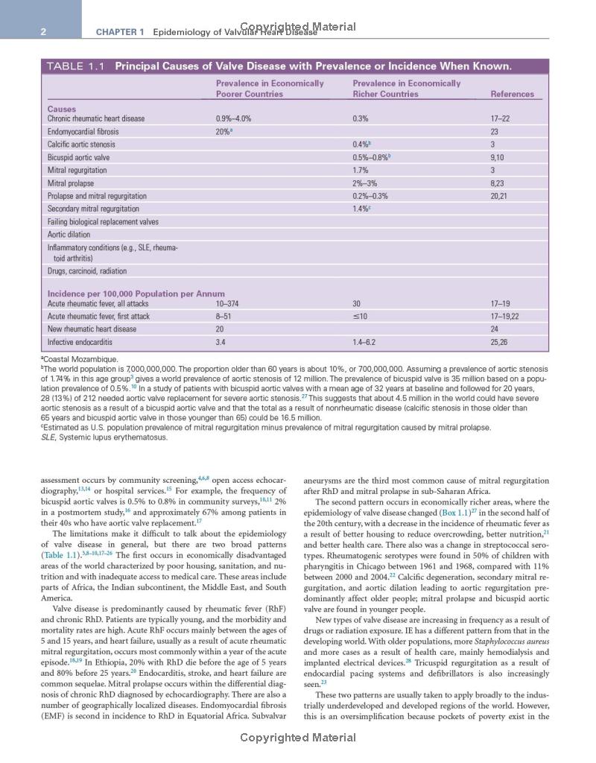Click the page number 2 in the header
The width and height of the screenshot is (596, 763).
point(44,31)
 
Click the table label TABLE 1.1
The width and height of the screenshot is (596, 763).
point(76,66)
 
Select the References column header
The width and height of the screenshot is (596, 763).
point(512,94)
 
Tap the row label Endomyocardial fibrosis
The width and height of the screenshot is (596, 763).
point(83,131)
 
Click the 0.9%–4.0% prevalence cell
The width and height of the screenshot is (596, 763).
point(233,118)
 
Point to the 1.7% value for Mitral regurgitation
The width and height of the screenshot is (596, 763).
point(361,170)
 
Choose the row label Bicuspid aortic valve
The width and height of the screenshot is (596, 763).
point(78,157)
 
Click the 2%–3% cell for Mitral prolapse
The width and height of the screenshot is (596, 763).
point(365,183)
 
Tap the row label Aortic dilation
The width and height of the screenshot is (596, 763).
point(69,235)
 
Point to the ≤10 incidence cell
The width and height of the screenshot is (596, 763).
point(360,316)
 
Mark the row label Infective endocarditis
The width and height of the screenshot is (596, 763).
point(80,342)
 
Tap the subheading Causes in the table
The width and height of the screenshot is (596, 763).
point(62,109)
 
